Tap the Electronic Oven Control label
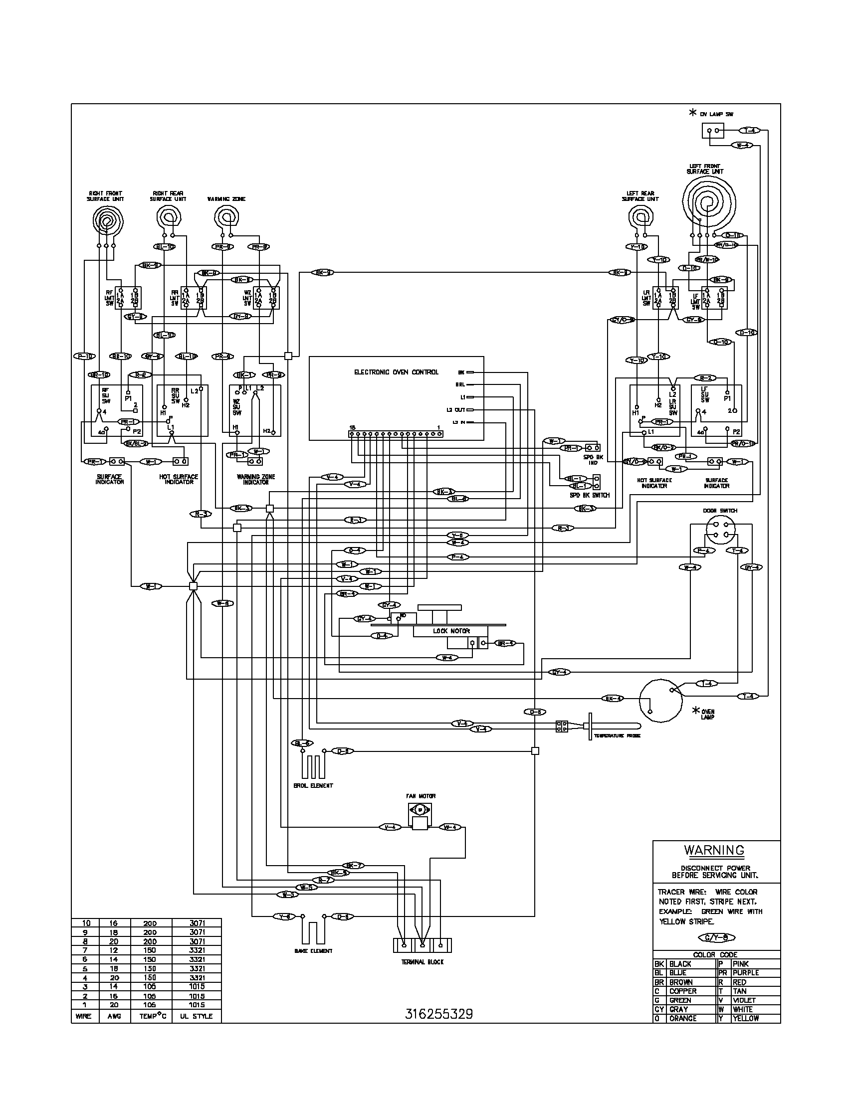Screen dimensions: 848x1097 [x=397, y=372]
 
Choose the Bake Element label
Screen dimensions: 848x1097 [x=313, y=951]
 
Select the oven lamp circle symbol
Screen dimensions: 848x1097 [x=660, y=701]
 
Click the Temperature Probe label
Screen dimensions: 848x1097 [x=617, y=736]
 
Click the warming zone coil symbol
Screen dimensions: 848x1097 [x=226, y=217]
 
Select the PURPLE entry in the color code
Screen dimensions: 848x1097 [x=746, y=973]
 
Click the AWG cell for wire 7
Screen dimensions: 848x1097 [x=114, y=950]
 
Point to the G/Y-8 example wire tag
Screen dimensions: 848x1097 [x=713, y=937]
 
